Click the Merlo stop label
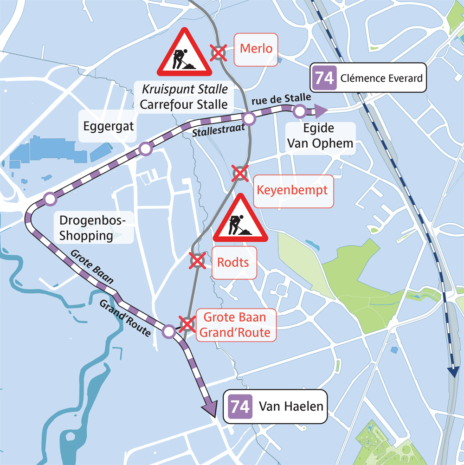(256, 49)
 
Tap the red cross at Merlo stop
(218, 53)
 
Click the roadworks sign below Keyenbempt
(240, 219)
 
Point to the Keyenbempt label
(292, 191)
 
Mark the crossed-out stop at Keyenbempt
(239, 174)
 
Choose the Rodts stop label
(233, 263)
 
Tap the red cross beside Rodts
(198, 261)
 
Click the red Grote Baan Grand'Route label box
(235, 325)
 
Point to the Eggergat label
(108, 126)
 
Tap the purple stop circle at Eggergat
(146, 149)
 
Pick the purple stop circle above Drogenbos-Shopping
(50, 200)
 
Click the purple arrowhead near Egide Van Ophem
(320, 110)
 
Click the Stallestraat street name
(218, 132)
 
